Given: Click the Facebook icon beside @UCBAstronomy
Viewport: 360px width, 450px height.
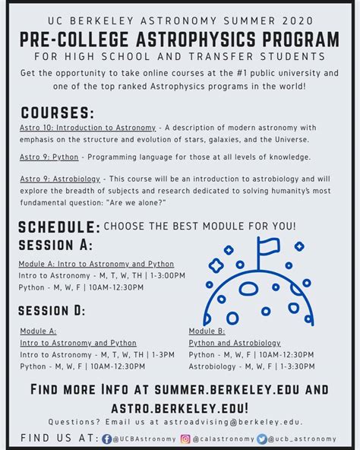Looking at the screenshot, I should [x=107, y=439].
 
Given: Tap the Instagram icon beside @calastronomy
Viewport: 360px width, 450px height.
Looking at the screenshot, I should [x=185, y=439].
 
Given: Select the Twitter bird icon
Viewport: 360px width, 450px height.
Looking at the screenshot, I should [x=262, y=439].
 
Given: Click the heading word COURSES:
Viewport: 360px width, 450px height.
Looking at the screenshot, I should [x=58, y=112].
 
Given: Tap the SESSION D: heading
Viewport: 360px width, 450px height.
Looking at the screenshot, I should [x=52, y=310].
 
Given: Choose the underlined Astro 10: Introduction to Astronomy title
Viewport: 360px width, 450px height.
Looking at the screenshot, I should [x=87, y=127].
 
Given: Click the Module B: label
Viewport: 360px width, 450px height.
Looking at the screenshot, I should [x=207, y=331].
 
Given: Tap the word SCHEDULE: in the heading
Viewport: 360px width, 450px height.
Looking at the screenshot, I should [x=59, y=227].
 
